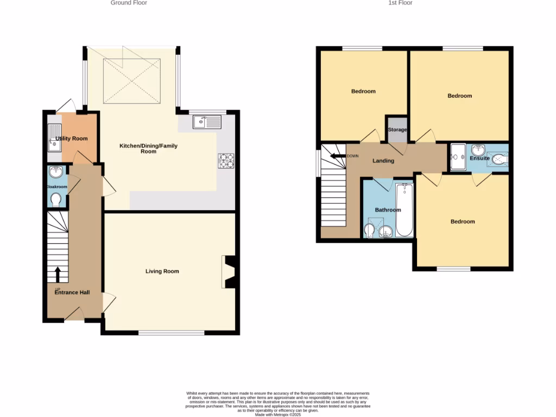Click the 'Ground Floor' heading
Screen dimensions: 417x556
pyautogui.click(x=129, y=3)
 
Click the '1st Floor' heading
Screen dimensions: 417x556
pyautogui.click(x=400, y=3)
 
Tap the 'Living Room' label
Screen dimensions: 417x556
pyautogui.click(x=162, y=271)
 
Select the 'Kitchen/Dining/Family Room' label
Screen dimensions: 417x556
pyautogui.click(x=148, y=149)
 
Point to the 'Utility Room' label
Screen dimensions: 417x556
pyautogui.click(x=72, y=138)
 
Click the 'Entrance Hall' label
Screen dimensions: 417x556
pyautogui.click(x=72, y=292)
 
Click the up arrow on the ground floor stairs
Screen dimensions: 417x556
pyautogui.click(x=58, y=273)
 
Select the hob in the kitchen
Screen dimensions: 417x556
pyautogui.click(x=225, y=160)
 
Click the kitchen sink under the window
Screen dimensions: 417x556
pyautogui.click(x=207, y=122)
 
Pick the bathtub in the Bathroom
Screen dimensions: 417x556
pyautogui.click(x=405, y=211)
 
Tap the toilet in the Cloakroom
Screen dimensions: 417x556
pyautogui.click(x=55, y=200)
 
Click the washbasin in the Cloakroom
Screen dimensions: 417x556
pyautogui.click(x=55, y=173)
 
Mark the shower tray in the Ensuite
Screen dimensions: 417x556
pyautogui.click(x=458, y=156)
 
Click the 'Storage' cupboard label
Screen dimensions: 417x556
pyautogui.click(x=397, y=130)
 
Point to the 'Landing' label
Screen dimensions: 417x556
pyautogui.click(x=383, y=161)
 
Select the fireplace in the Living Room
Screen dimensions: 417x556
pyautogui.click(x=228, y=271)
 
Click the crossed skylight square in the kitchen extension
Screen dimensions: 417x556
pyautogui.click(x=132, y=80)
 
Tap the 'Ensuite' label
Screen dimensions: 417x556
pyautogui.click(x=479, y=159)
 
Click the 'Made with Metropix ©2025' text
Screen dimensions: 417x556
pyautogui.click(x=277, y=415)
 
